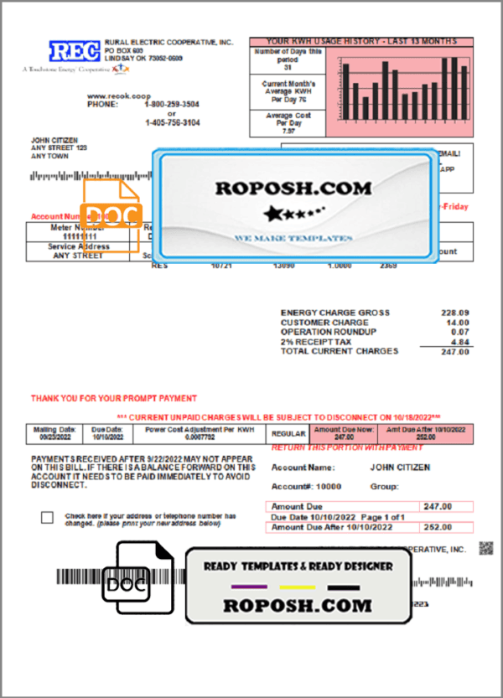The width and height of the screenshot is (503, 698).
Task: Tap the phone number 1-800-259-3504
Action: (173, 105)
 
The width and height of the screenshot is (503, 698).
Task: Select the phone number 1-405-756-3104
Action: (173, 123)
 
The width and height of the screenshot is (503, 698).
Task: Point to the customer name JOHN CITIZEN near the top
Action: (54, 140)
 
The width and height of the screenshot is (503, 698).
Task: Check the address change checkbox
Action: (47, 517)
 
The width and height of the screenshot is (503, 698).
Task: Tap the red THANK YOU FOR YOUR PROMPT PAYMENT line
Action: (114, 399)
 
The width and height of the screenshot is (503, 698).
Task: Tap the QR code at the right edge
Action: (485, 549)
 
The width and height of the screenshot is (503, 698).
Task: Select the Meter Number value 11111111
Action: (78, 238)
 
